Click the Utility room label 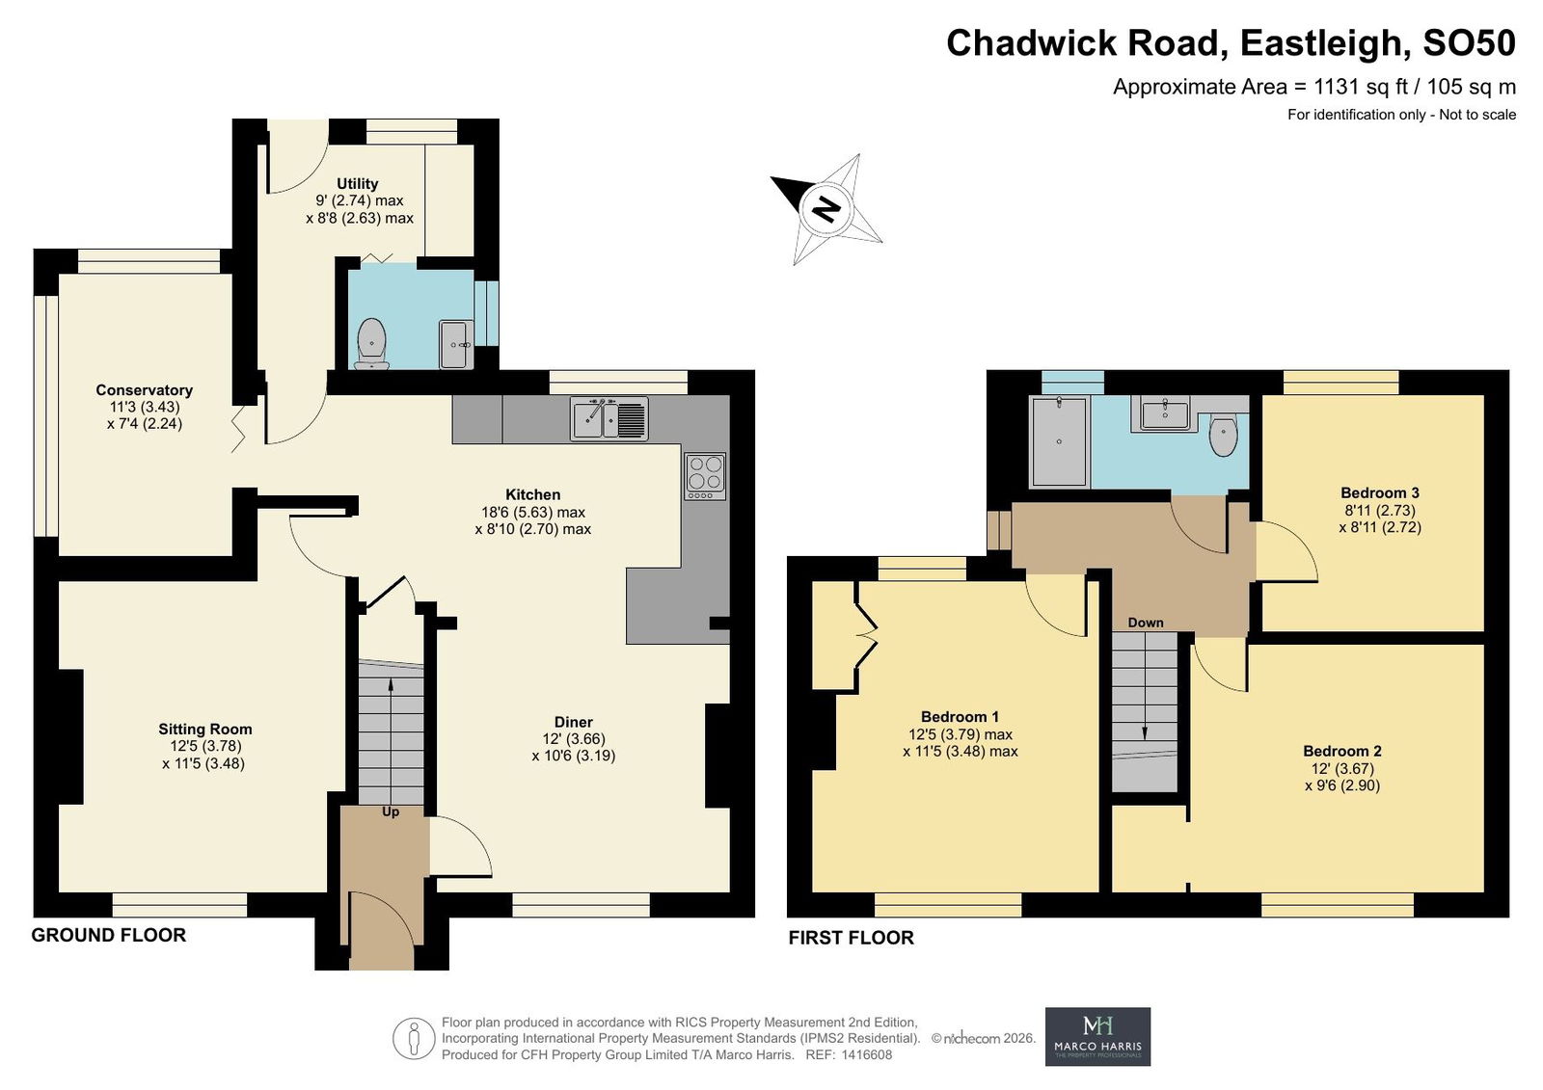pos(357,184)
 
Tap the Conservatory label pos(144,390)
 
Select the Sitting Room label pos(205,729)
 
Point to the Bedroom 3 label pos(1380,493)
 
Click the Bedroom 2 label pos(1342,751)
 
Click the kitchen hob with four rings pos(705,476)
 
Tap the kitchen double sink pos(609,418)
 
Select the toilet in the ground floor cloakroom pos(372,343)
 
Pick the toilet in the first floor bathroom pos(1224,435)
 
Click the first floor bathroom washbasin pos(1164,414)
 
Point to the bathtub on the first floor pos(1059,441)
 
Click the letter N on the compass pos(826,208)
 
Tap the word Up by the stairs pos(391,811)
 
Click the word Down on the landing pos(1146,623)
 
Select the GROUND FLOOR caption pos(109,935)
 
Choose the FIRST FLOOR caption pos(852,938)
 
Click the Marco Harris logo pos(1098,1036)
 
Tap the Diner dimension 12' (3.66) pos(574,739)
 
